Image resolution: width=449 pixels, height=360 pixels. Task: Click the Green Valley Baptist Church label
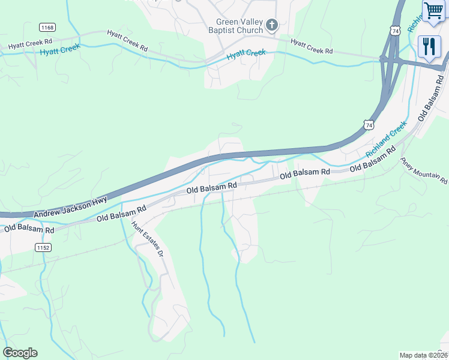(240, 26)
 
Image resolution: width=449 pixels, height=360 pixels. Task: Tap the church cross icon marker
(272, 25)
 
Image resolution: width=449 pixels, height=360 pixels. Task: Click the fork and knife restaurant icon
(429, 46)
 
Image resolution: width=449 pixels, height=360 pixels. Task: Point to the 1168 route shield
(47, 27)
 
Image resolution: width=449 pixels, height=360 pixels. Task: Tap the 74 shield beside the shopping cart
(394, 29)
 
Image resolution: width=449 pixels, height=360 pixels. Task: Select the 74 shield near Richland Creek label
(369, 124)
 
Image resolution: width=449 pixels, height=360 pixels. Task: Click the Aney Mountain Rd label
(424, 171)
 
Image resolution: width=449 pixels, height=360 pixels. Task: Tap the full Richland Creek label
(386, 139)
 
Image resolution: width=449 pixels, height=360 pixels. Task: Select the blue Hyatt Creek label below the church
(246, 55)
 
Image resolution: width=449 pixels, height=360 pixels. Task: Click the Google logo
(20, 353)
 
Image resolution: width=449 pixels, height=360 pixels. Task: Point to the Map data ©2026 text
(424, 355)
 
